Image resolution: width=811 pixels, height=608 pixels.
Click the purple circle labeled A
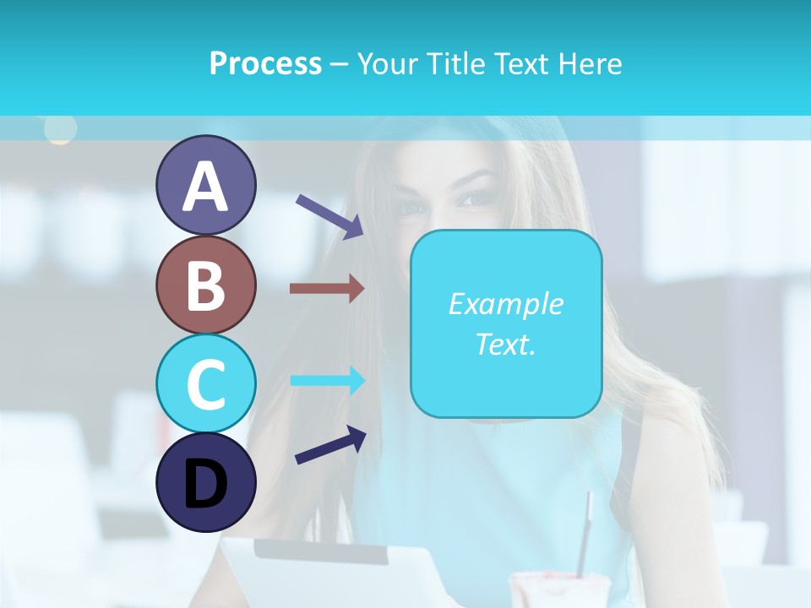click(205, 186)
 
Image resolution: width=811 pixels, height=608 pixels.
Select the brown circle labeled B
click(205, 285)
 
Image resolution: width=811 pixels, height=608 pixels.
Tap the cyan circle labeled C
click(205, 384)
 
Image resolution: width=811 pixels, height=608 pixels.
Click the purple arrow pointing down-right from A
click(329, 215)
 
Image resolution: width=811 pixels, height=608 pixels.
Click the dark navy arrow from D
click(330, 445)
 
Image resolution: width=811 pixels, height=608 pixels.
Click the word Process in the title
click(265, 63)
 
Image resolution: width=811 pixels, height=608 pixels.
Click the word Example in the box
click(505, 304)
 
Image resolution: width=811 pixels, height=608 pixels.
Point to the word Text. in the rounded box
click(505, 344)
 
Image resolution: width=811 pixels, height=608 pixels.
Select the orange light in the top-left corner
click(60, 128)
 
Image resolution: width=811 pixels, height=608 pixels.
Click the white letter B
click(205, 285)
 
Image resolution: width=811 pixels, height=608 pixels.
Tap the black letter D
click(205, 484)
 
